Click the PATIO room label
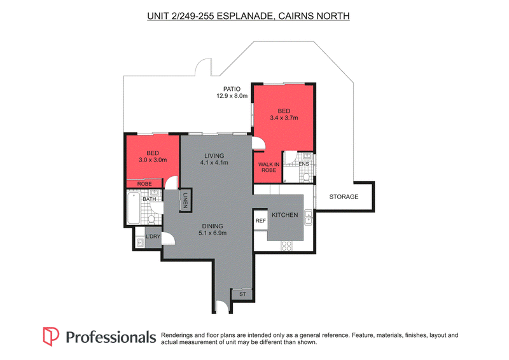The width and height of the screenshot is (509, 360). click(232, 89)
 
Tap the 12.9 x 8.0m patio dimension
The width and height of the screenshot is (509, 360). click(232, 96)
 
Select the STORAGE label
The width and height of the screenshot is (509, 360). click(344, 197)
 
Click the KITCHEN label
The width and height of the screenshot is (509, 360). click(284, 215)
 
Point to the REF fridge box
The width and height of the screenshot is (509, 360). click(261, 221)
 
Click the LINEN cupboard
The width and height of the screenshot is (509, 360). click(185, 200)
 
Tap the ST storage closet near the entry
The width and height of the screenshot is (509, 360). click(242, 294)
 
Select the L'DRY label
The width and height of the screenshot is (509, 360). click(153, 237)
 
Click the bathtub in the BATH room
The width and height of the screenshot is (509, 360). click(134, 208)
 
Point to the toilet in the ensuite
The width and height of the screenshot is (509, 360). click(306, 177)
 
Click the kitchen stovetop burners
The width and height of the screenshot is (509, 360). click(286, 246)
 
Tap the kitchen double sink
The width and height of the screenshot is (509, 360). click(309, 218)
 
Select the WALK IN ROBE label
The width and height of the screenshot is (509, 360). click(268, 167)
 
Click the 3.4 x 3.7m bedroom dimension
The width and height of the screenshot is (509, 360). click(284, 118)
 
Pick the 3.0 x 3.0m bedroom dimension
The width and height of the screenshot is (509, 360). click(153, 160)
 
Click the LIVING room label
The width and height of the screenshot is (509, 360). click(214, 156)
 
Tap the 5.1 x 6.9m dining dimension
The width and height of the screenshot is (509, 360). click(213, 233)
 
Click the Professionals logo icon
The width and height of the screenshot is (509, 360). click(51, 336)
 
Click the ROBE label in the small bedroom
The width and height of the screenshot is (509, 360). click(144, 184)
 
